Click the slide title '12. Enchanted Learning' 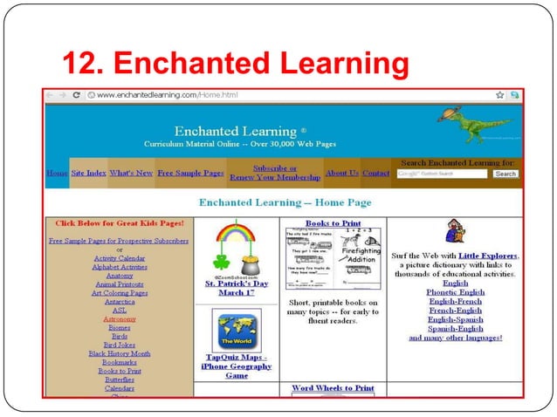(x=236, y=63)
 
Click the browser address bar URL (x=166, y=94)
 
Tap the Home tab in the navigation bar (x=56, y=173)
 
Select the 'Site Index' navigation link (x=88, y=173)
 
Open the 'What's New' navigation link (x=131, y=173)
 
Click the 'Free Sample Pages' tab (x=190, y=173)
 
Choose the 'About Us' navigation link (x=341, y=173)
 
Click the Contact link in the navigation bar (x=375, y=173)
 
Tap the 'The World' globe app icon (x=237, y=330)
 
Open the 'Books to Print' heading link (x=333, y=223)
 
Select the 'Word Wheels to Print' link (x=333, y=388)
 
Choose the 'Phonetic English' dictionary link (x=455, y=291)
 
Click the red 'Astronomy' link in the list (x=119, y=319)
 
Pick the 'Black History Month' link (x=119, y=353)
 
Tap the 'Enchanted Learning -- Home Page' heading (x=285, y=202)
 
